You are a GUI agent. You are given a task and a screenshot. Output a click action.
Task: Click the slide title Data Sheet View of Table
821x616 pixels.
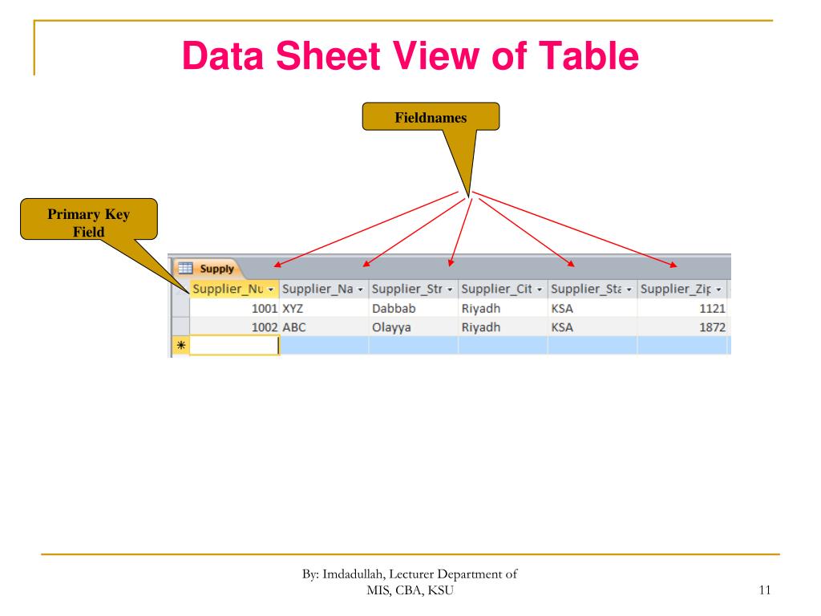coord(410,58)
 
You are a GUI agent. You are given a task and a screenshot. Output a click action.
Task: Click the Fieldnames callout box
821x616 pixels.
coord(431,117)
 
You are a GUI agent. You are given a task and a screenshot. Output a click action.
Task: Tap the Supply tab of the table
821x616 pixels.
coord(210,269)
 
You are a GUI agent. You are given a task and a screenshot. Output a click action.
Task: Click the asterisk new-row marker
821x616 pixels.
coord(180,346)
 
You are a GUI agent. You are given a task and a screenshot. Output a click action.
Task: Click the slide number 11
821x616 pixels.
coord(763,591)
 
